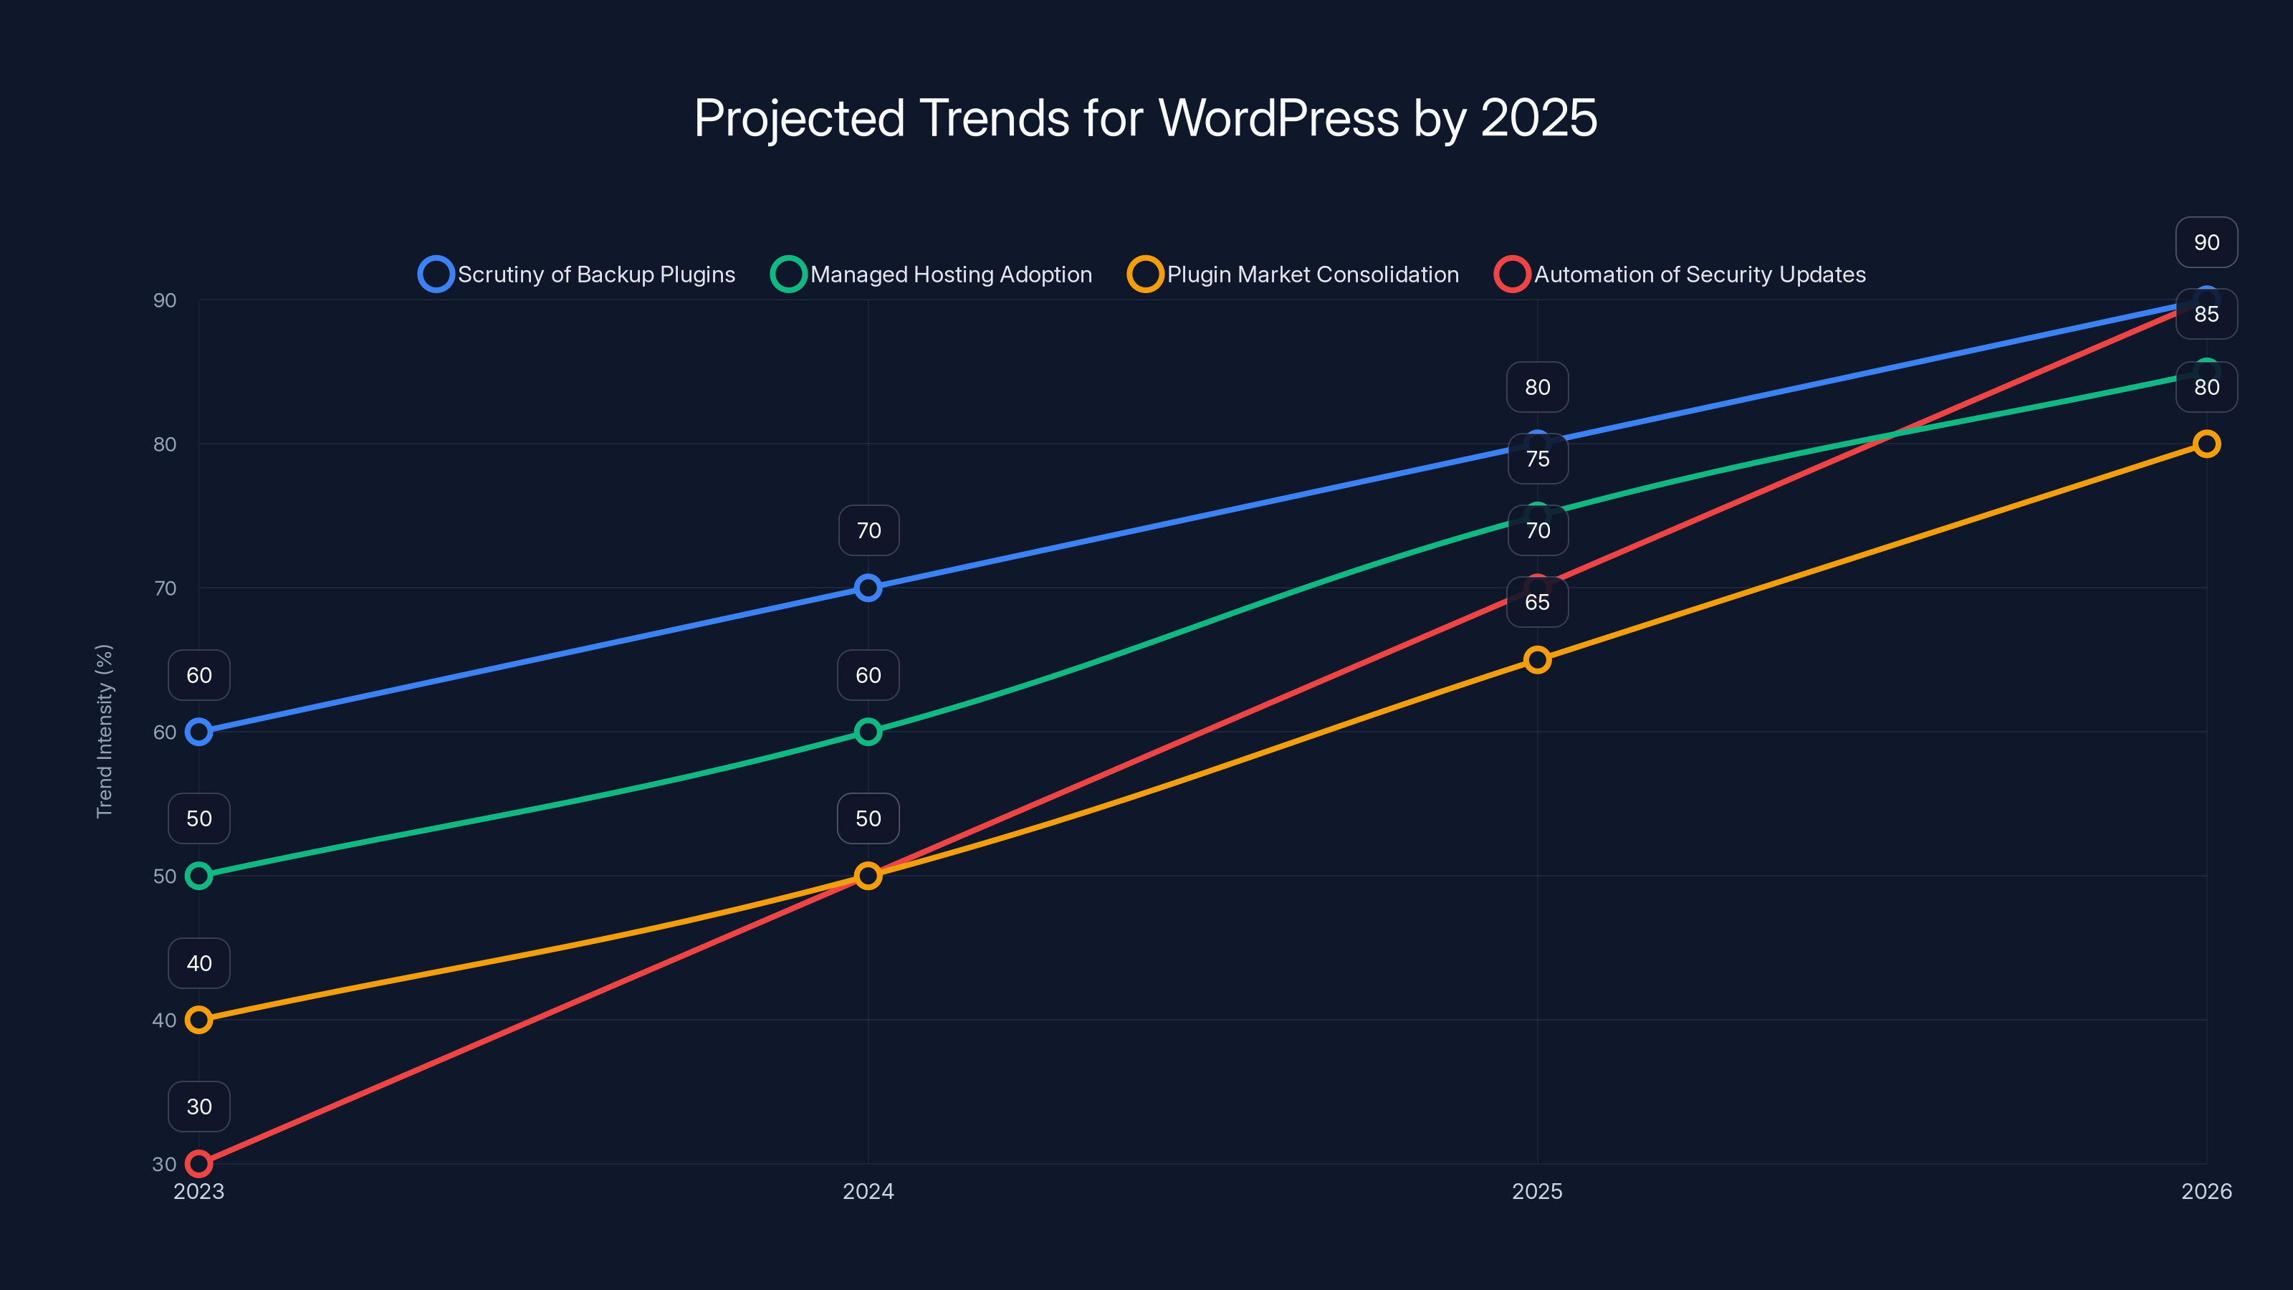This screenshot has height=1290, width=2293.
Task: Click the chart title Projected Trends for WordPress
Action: (x=1146, y=118)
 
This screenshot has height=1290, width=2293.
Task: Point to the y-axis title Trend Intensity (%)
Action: (x=104, y=731)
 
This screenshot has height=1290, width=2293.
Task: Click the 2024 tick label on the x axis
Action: (x=868, y=1191)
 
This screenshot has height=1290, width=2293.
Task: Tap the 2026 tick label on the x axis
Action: (x=2206, y=1191)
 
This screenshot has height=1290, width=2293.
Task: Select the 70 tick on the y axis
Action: (x=165, y=588)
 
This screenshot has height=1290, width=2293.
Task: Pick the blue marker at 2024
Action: (x=868, y=588)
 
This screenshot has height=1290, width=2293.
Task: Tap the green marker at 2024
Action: (x=868, y=732)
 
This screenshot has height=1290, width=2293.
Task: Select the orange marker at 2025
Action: (x=1537, y=659)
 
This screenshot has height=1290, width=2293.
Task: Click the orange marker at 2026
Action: (x=2206, y=444)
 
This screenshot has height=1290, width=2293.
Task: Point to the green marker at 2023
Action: (x=198, y=876)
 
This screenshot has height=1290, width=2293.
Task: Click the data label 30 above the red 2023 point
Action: (x=198, y=1107)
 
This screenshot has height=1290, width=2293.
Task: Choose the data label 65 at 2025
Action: (x=1537, y=603)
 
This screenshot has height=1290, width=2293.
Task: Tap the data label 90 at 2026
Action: (x=2206, y=242)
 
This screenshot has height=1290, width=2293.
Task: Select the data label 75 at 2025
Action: (x=1537, y=459)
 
